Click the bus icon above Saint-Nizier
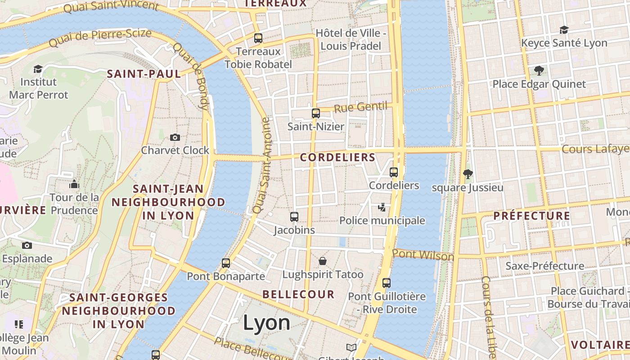316,113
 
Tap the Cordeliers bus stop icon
394,172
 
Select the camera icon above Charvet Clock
175,137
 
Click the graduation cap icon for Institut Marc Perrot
38,69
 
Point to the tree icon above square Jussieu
468,174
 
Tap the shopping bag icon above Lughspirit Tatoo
323,261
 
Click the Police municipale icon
382,207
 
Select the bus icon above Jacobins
294,217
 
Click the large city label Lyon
267,323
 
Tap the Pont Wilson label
423,255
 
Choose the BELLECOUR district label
299,295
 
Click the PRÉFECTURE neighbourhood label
532,216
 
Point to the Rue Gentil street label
360,107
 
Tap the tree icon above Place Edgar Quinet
539,70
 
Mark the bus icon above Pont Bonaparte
226,263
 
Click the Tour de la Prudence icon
74,184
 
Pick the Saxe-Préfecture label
544,266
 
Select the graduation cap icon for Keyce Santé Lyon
564,30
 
